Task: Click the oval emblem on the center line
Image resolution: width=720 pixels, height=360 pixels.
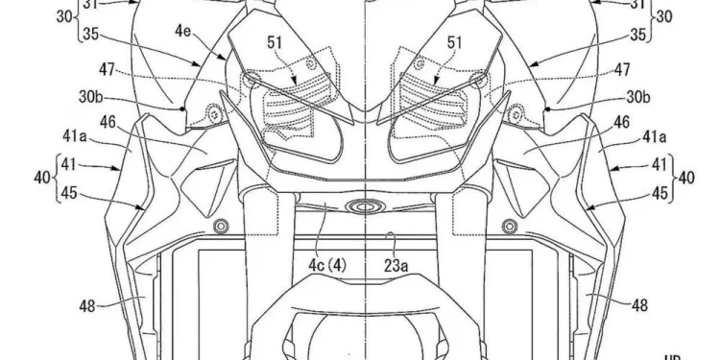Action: (x=365, y=204)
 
